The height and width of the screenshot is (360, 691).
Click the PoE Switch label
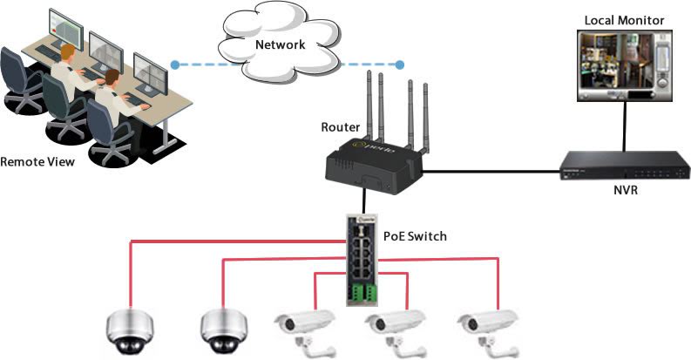417,236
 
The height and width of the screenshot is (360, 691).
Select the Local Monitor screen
623,67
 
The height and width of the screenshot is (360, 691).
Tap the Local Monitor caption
624,18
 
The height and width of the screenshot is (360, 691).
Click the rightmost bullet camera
485,328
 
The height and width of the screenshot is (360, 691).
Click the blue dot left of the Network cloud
175,65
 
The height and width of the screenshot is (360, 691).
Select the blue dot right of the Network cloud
400,65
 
